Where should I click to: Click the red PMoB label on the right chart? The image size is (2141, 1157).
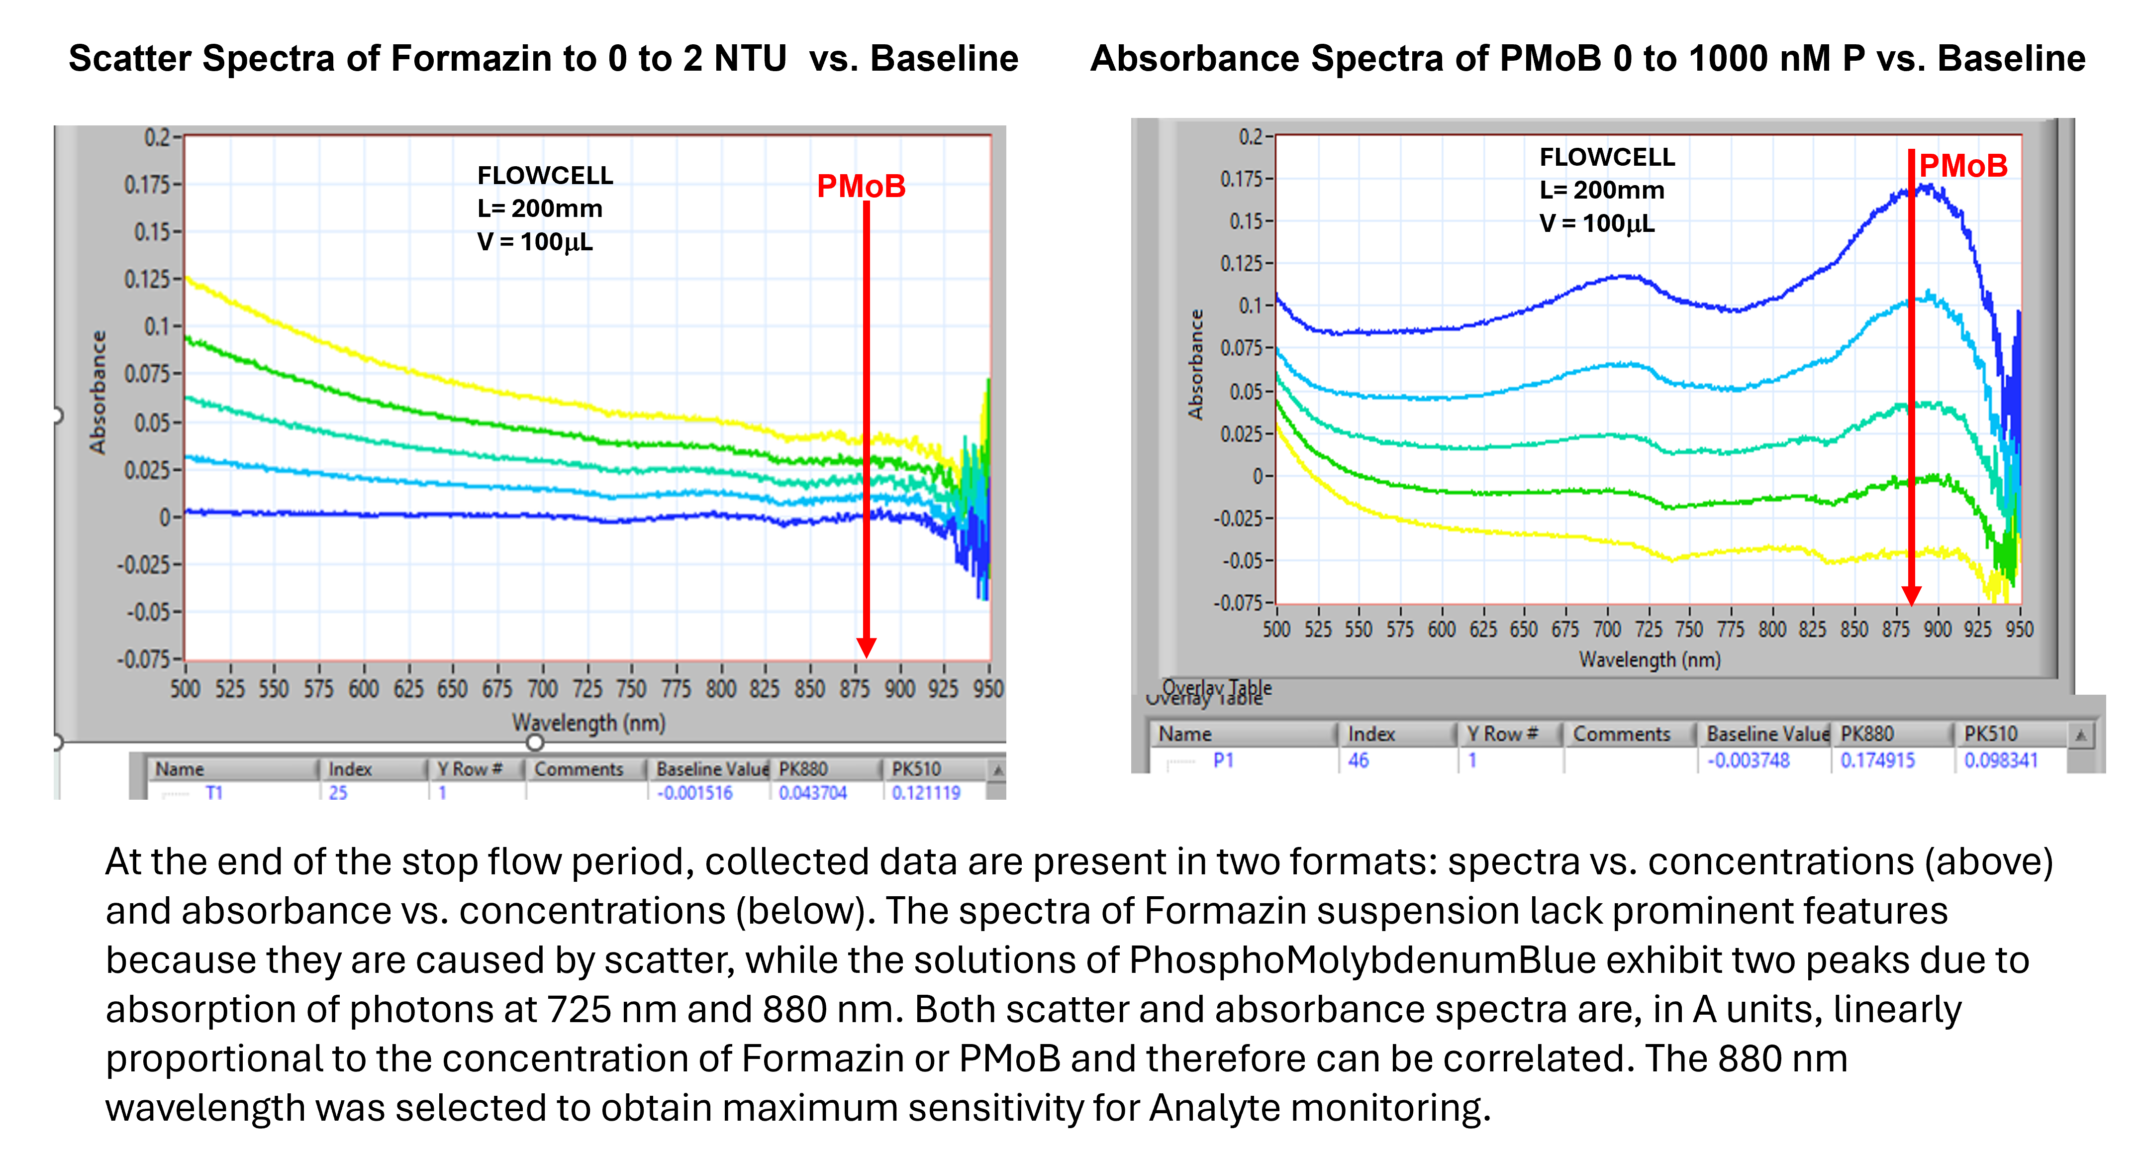pyautogui.click(x=1962, y=166)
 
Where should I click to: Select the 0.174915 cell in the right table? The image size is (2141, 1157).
pyautogui.click(x=1877, y=760)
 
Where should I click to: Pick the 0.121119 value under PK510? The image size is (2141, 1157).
pyautogui.click(x=926, y=793)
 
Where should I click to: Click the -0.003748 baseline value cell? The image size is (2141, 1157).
pyautogui.click(x=1748, y=760)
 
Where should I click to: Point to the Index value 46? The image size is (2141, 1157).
pyautogui.click(x=1358, y=760)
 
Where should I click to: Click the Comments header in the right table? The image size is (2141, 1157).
pyautogui.click(x=1622, y=734)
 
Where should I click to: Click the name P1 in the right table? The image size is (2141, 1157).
pyautogui.click(x=1223, y=760)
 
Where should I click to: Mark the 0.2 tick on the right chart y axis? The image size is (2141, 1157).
pyautogui.click(x=1250, y=136)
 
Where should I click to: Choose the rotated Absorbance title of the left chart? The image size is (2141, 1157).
pyautogui.click(x=98, y=392)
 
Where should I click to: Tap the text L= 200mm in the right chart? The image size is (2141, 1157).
pyautogui.click(x=1602, y=190)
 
